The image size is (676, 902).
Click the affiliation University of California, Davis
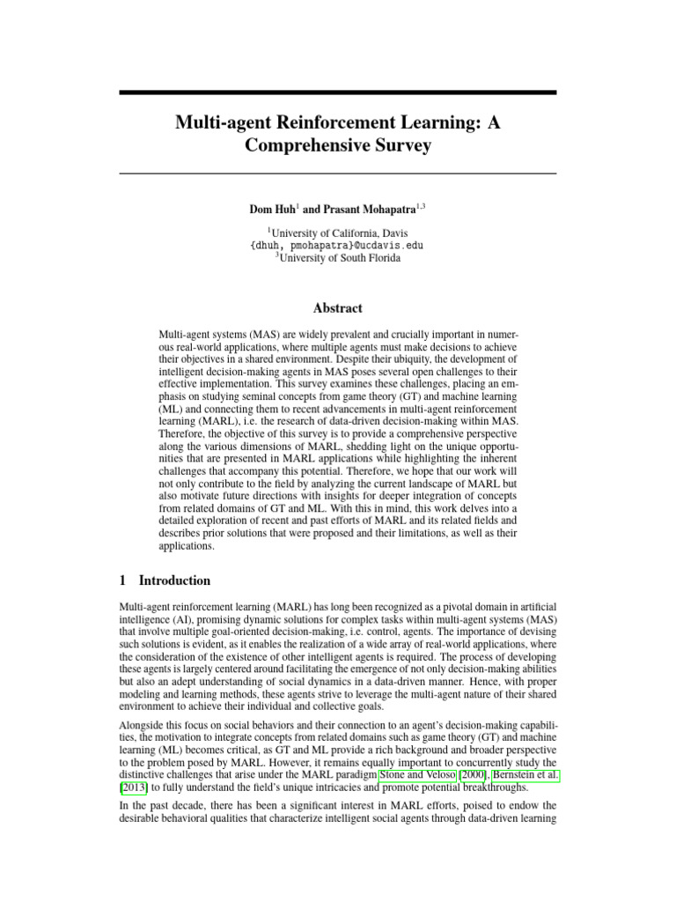point(339,232)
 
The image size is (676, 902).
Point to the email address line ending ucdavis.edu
point(337,245)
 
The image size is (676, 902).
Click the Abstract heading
point(337,308)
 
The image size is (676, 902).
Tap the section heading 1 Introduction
point(165,580)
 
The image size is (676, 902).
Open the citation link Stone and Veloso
point(411,774)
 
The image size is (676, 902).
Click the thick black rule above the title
point(337,92)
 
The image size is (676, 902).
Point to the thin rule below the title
point(337,174)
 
